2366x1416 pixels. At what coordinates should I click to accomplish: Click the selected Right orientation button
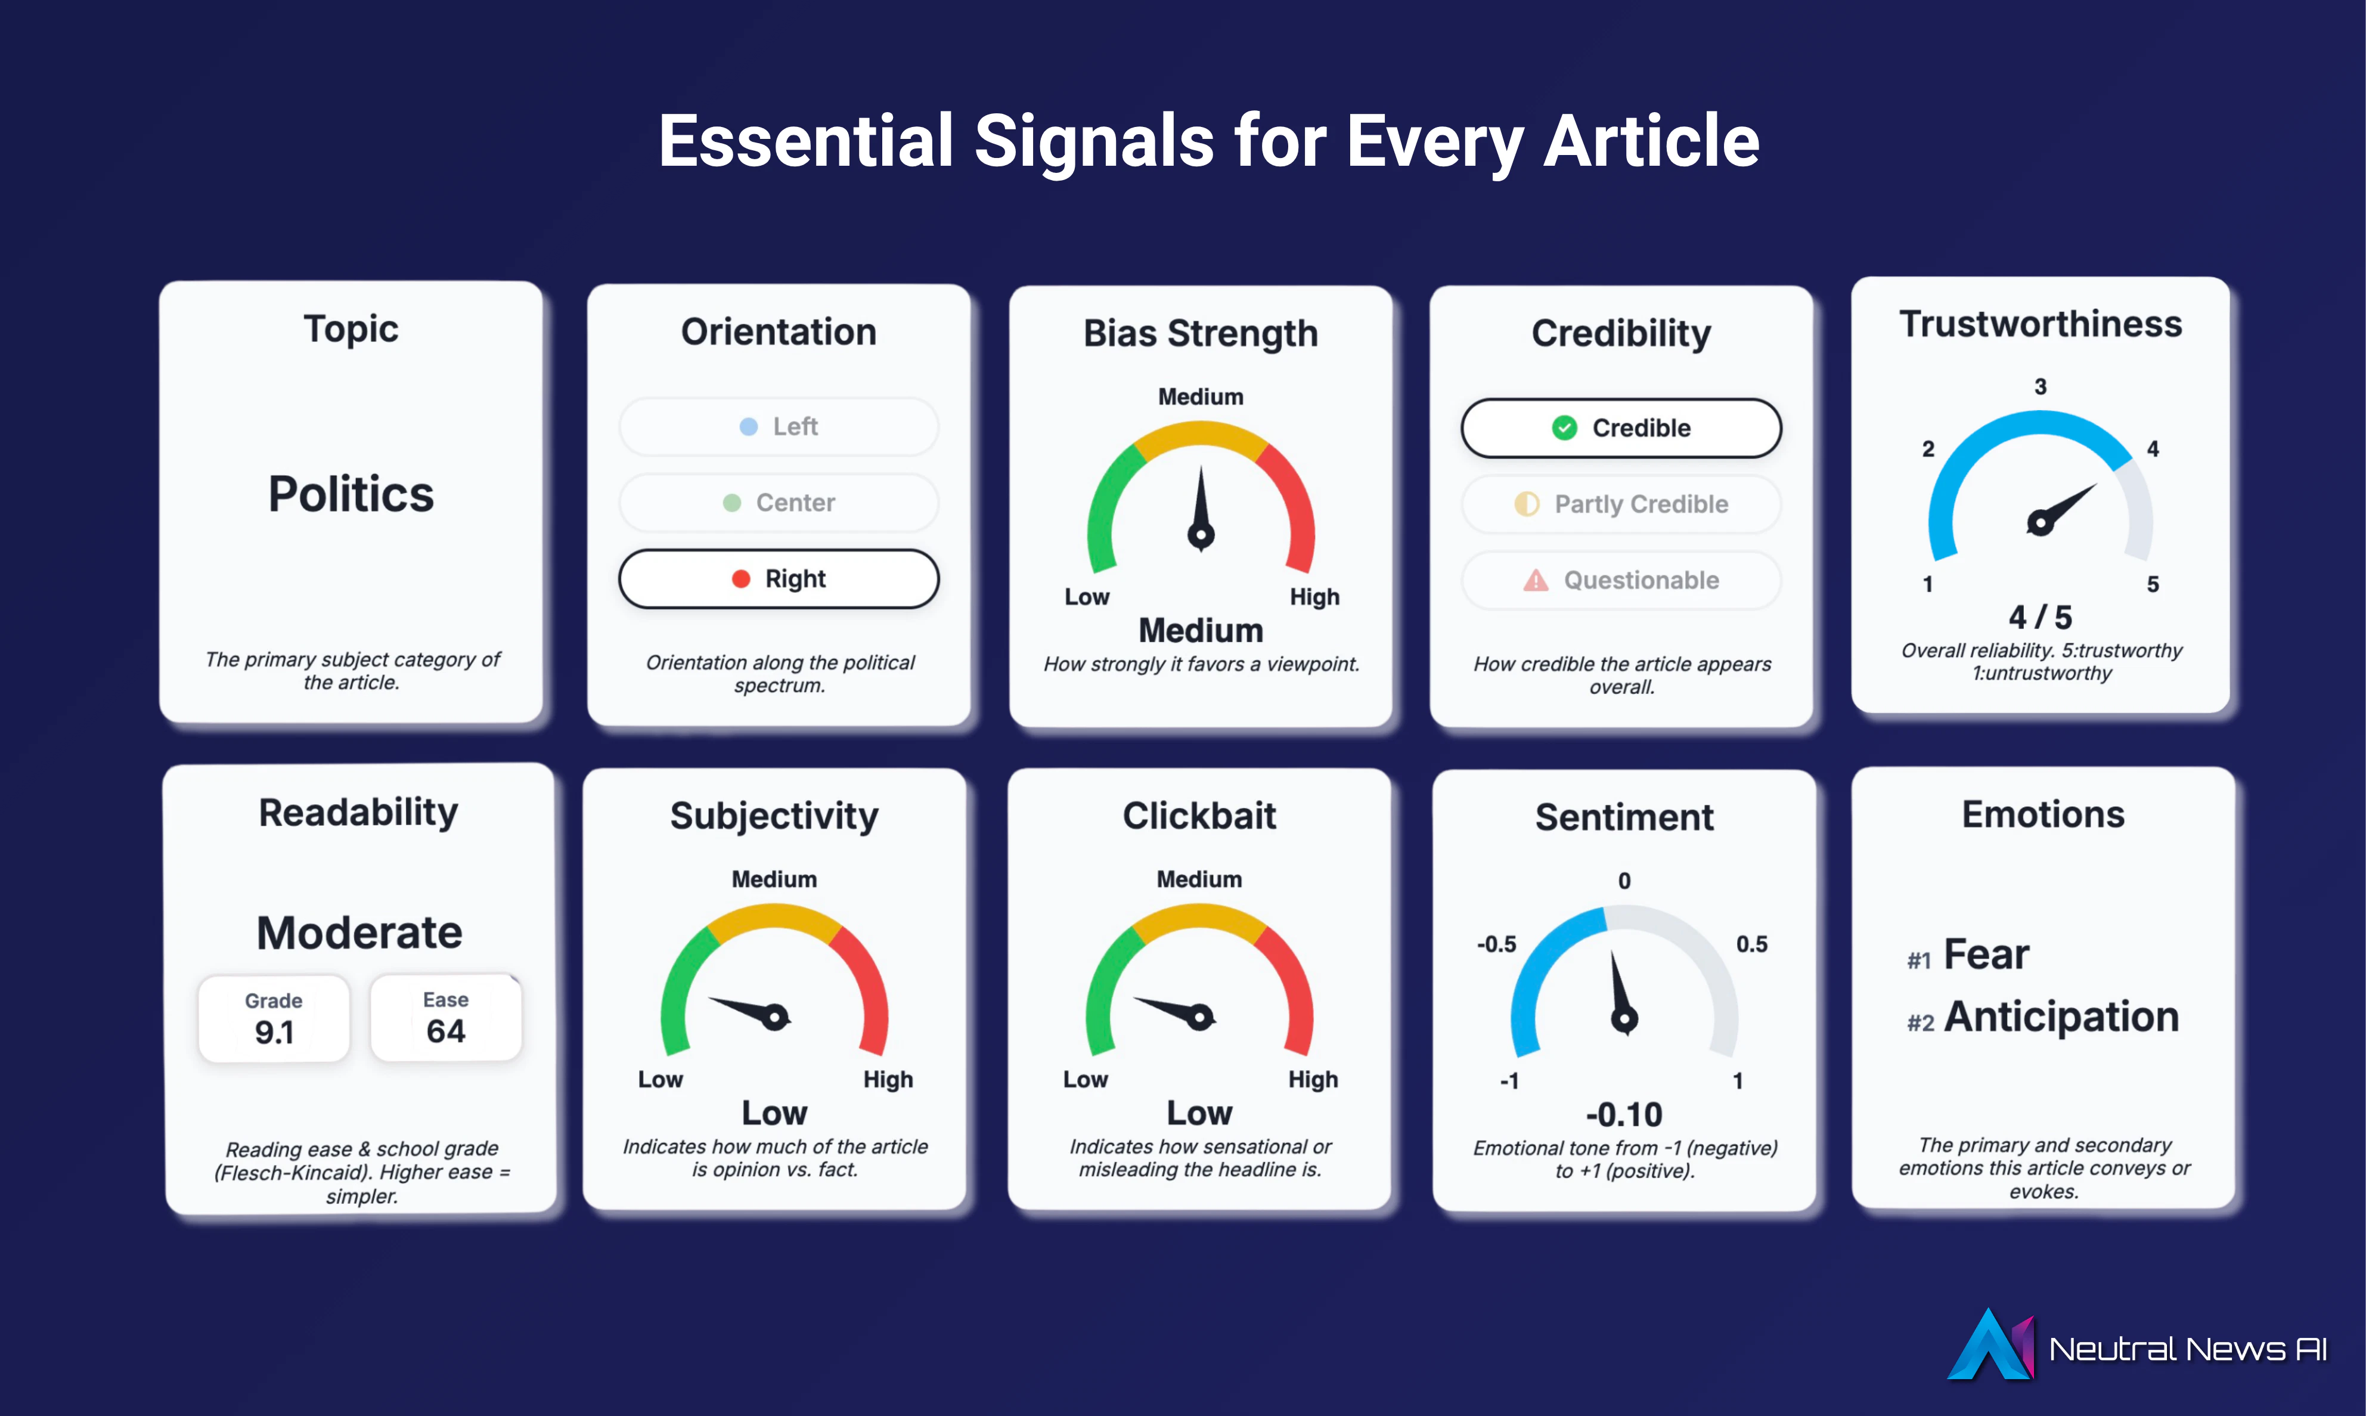pos(779,578)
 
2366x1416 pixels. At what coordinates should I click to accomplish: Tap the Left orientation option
pos(779,426)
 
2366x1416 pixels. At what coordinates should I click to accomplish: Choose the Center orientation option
pos(779,503)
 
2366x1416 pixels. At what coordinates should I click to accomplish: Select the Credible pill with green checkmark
pos(1621,427)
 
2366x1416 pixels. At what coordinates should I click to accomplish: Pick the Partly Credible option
pos(1621,504)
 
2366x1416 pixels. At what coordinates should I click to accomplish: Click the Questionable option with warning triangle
pos(1621,580)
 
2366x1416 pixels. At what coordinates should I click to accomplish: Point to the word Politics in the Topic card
pos(351,494)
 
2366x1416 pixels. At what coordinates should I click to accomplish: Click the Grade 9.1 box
pos(274,1018)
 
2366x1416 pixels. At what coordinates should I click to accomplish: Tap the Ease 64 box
pos(445,1017)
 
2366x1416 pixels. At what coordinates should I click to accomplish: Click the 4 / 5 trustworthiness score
pos(2040,617)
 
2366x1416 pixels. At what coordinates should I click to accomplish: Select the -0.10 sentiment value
pos(1624,1114)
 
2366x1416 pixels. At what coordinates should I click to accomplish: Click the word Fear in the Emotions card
pos(1986,954)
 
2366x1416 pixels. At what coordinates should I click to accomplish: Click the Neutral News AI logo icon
pos(1991,1346)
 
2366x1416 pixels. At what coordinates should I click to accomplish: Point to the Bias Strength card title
pos(1200,334)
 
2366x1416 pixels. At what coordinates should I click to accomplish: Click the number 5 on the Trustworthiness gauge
pos(2153,584)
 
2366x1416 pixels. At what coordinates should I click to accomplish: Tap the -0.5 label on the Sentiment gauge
pos(1496,944)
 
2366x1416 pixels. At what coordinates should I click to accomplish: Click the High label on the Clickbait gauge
pos(1313,1079)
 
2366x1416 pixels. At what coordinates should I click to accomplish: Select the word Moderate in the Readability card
pos(359,932)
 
